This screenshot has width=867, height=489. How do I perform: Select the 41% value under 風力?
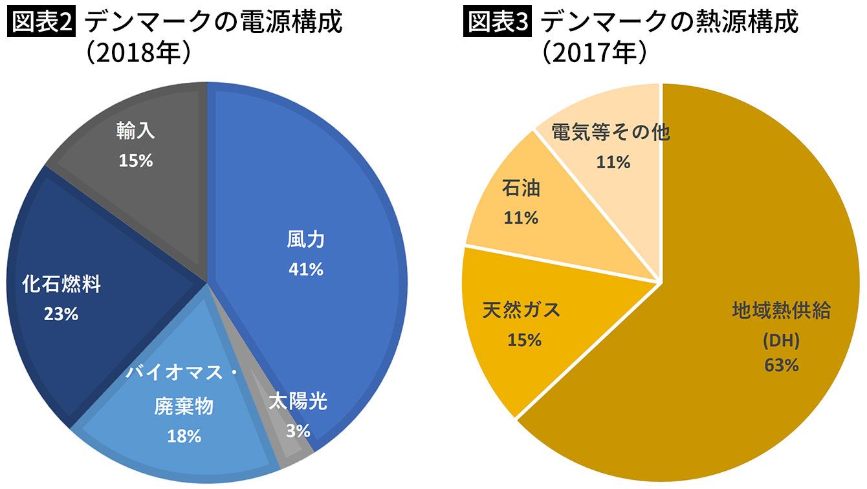click(x=305, y=269)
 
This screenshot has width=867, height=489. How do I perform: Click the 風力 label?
click(x=305, y=241)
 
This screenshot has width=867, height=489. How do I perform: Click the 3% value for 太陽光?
click(x=298, y=430)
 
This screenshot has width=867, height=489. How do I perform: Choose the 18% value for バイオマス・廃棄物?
click(x=184, y=436)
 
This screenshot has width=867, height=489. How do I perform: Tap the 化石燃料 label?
click(x=61, y=285)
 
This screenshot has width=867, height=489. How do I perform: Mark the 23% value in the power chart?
click(x=61, y=314)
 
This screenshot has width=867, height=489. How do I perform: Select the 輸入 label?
click(x=136, y=131)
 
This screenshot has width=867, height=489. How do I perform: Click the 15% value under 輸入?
click(x=136, y=160)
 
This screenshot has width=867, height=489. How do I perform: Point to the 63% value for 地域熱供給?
click(x=782, y=365)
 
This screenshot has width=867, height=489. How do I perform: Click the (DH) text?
click(x=782, y=340)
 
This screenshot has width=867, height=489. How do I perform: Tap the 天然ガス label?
click(x=521, y=310)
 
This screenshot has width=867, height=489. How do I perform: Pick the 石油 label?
click(x=521, y=189)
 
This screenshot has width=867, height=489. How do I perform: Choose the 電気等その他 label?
click(x=610, y=133)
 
